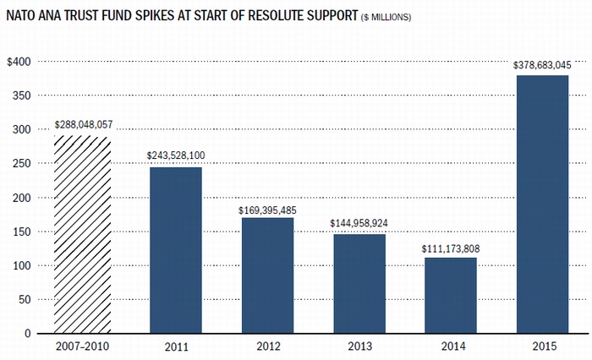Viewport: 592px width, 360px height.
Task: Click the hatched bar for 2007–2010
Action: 83,235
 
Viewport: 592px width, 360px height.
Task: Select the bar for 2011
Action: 176,250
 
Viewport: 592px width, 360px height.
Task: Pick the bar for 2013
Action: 359,284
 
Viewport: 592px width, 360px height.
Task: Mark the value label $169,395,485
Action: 268,209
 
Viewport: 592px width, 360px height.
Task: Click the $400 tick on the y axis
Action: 19,62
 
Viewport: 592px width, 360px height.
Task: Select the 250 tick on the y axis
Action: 21,164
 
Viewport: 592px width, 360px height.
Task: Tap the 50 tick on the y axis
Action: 25,300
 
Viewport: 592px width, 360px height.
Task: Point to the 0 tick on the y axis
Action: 28,334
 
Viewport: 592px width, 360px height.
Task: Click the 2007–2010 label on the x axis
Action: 83,348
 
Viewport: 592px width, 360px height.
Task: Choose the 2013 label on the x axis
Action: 359,348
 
